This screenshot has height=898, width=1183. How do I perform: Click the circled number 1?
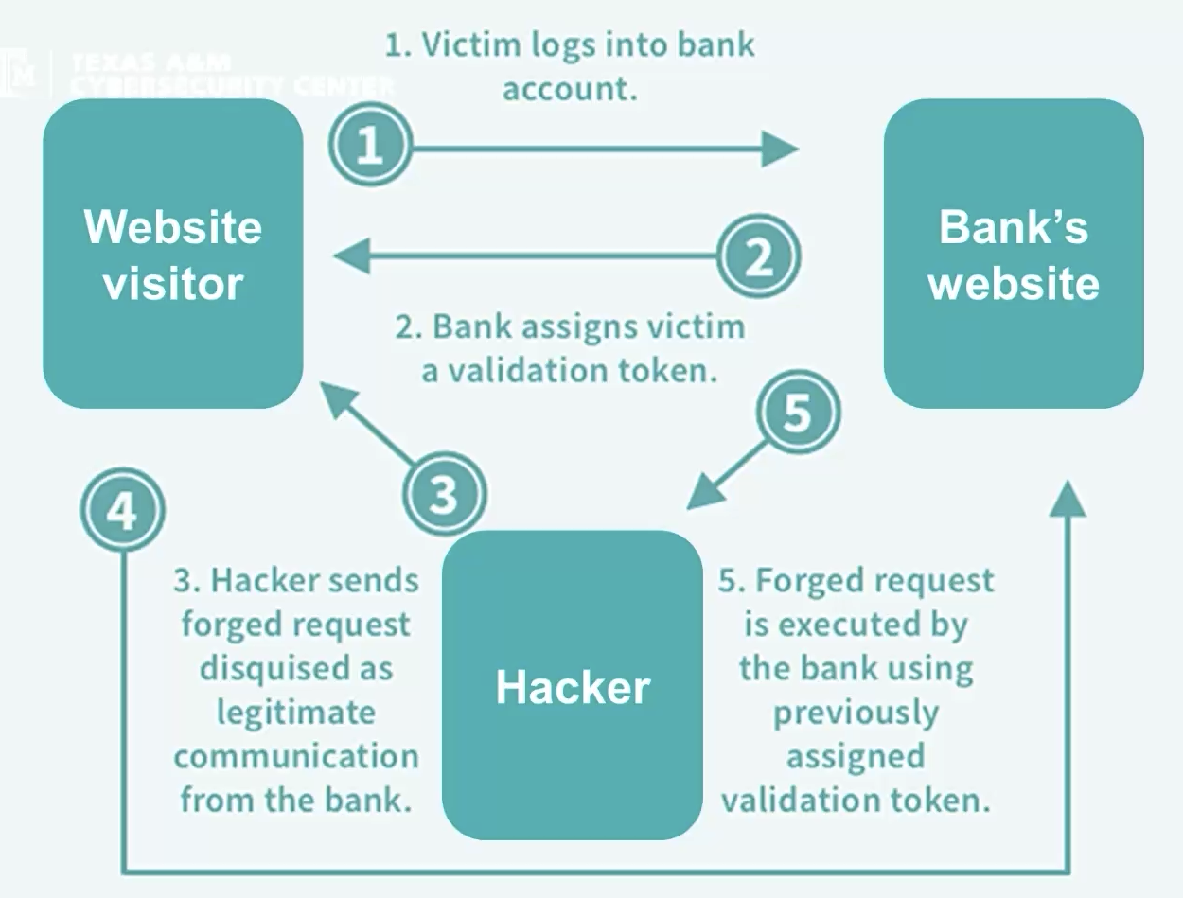370,147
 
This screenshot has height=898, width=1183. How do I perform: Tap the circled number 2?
758,256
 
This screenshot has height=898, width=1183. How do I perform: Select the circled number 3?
443,495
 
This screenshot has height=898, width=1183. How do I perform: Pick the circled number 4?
122,511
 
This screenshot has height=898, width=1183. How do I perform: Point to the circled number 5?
798,412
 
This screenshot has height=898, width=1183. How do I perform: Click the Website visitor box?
173,254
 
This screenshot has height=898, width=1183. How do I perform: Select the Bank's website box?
1014,254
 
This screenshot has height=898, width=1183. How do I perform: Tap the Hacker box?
573,685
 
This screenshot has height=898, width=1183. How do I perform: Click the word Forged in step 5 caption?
808,580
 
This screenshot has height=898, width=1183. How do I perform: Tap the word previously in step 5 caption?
856,712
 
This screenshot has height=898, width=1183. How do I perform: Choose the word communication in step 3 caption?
295,756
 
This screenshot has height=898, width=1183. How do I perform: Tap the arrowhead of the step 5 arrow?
702,494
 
